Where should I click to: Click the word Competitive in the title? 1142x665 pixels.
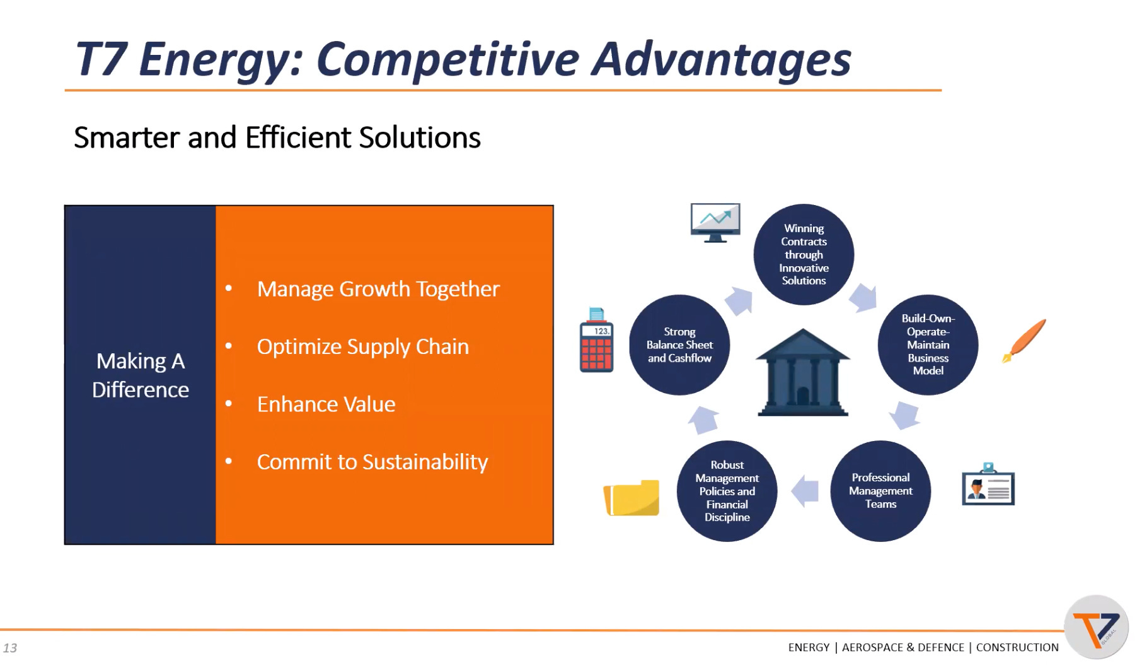[x=447, y=60]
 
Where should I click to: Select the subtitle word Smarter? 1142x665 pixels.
[x=126, y=138]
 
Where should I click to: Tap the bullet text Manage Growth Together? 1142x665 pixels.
[x=378, y=289]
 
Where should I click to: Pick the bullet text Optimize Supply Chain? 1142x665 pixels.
[x=363, y=347]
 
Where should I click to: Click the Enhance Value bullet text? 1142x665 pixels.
[x=326, y=404]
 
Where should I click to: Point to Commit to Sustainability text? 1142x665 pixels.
[x=372, y=462]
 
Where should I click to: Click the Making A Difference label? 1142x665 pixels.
[x=141, y=375]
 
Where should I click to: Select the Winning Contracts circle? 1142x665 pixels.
[x=804, y=254]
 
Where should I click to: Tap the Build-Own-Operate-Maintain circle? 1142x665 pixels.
[x=928, y=344]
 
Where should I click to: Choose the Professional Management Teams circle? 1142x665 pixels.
[x=880, y=491]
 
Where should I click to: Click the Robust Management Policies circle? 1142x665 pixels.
[x=727, y=491]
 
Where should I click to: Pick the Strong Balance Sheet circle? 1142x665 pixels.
[x=679, y=344]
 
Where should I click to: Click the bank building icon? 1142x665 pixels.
[x=803, y=372]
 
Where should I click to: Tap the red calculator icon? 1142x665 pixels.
[x=596, y=340]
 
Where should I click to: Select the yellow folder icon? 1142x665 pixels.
[x=632, y=498]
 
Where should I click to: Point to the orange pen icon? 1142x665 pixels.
[x=1024, y=341]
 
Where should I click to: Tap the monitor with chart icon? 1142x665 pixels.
[x=715, y=223]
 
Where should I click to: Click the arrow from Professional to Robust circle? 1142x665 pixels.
[x=805, y=491]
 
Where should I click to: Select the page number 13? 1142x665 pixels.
[x=10, y=648]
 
